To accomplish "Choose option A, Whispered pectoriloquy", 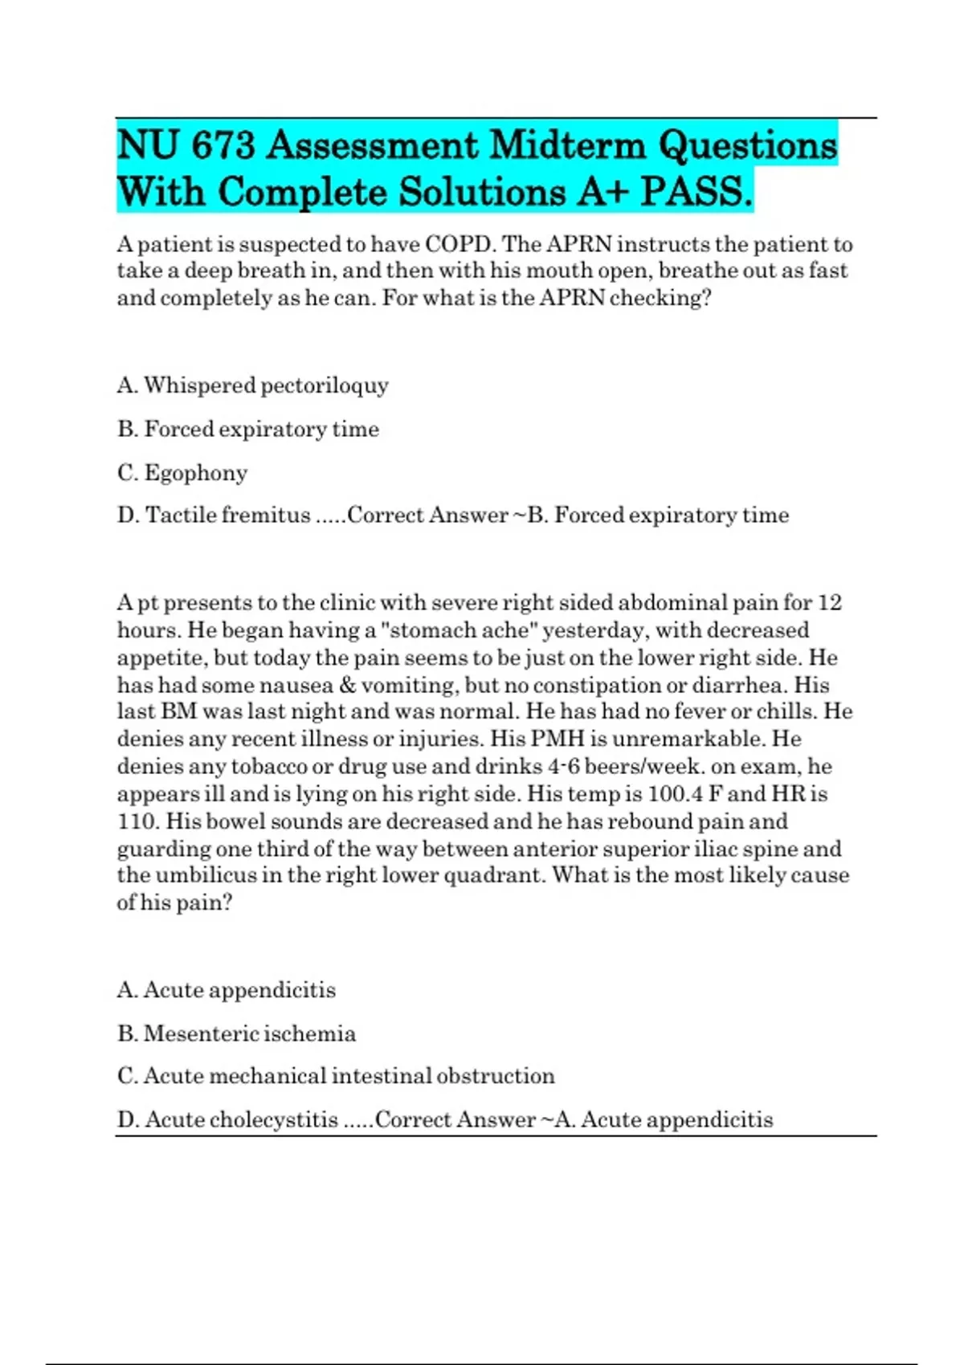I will point(252,385).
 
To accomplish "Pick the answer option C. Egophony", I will point(182,473).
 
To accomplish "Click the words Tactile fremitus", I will point(227,515).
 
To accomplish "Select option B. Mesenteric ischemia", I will point(236,1033).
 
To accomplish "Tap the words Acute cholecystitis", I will point(241,1119).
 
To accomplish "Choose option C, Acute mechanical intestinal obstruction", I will point(336,1076).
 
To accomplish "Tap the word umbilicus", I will point(206,875).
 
